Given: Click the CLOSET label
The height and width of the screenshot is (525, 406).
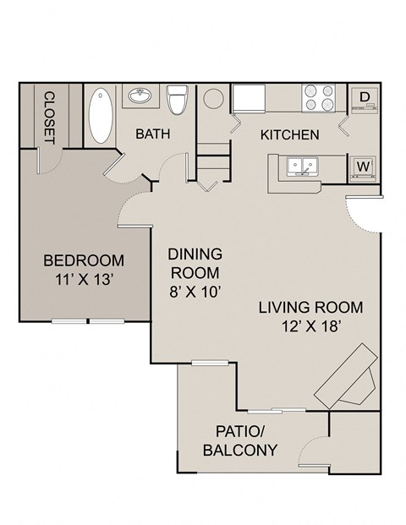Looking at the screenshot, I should click(x=48, y=117).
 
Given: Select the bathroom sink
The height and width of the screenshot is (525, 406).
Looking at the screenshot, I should click(x=140, y=96).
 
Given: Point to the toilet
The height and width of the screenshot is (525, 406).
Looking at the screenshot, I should click(x=177, y=100).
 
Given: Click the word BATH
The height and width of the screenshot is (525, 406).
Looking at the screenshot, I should click(x=153, y=134).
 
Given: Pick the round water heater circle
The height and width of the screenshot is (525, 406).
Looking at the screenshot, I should click(x=212, y=96).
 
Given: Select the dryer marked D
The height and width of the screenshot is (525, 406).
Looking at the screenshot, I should click(x=365, y=97).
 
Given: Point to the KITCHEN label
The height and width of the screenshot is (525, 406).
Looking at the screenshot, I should click(x=289, y=134).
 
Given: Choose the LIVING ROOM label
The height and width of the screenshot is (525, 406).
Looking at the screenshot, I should click(x=310, y=307).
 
